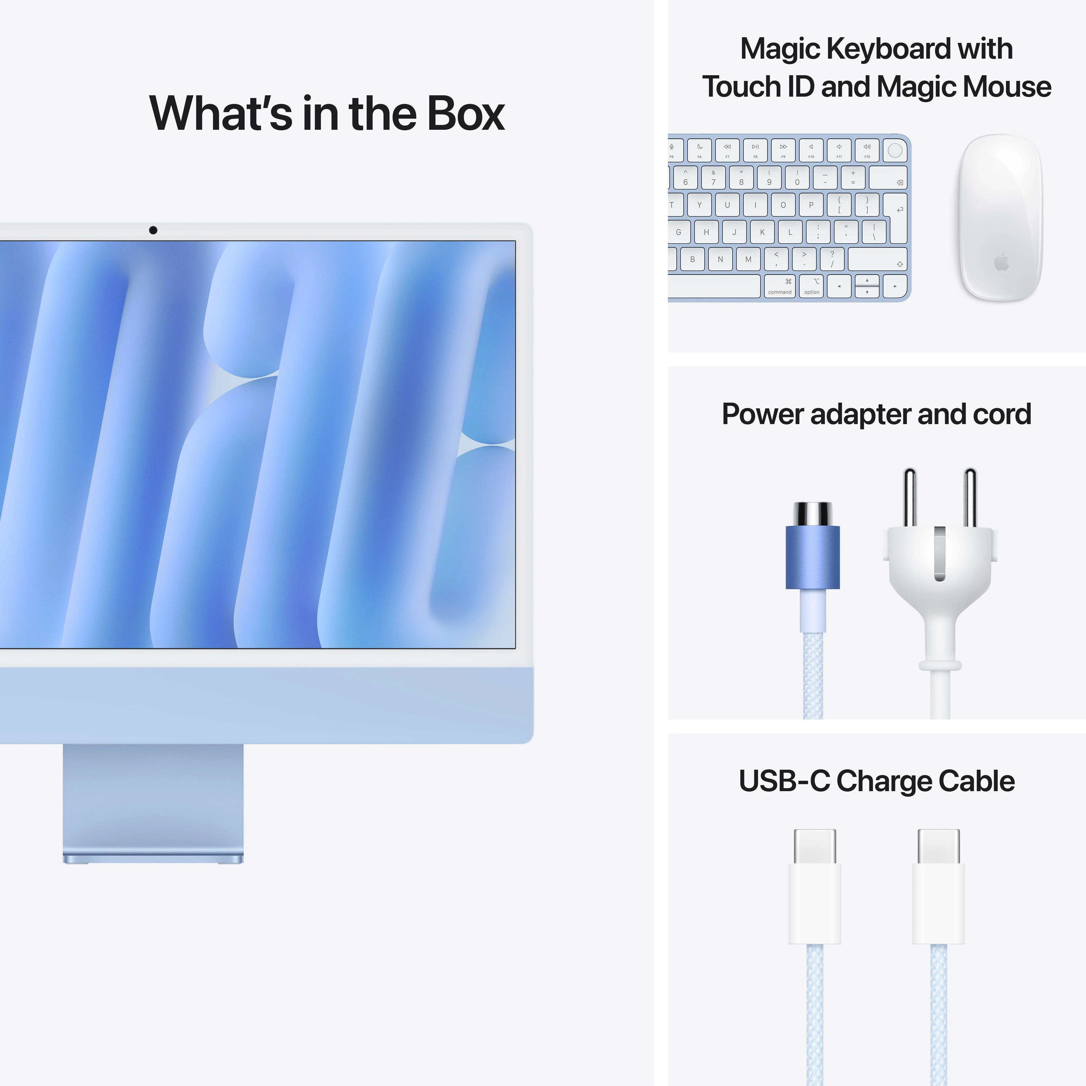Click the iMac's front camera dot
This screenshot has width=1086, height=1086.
click(153, 230)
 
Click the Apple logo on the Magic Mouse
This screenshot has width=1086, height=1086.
click(1001, 262)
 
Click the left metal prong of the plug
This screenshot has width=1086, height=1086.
click(910, 497)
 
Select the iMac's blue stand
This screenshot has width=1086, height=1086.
click(153, 801)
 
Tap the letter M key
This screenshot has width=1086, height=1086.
click(748, 259)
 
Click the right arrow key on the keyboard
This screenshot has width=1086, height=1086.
click(895, 286)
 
